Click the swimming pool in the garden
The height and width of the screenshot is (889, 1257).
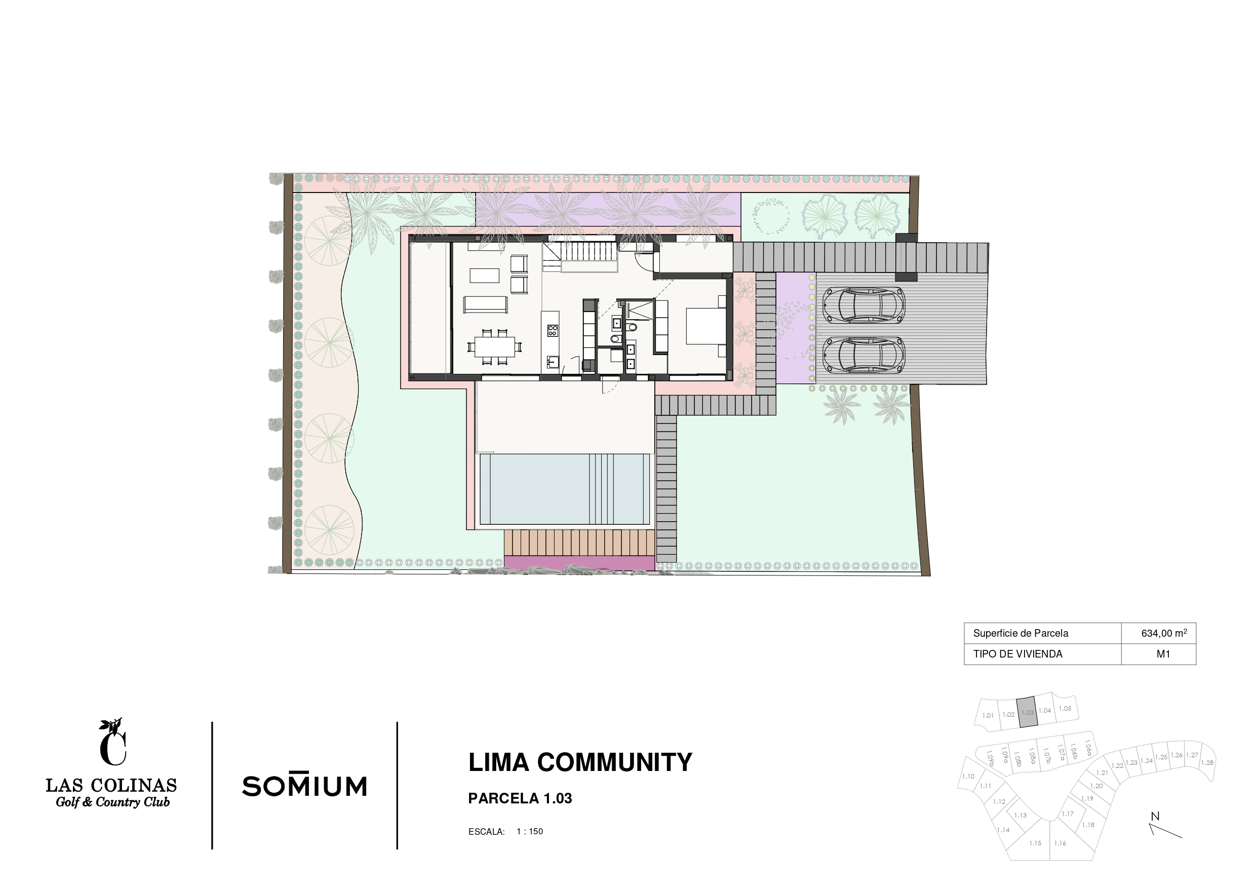pyautogui.click(x=565, y=489)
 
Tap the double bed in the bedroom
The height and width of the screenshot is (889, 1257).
pyautogui.click(x=706, y=325)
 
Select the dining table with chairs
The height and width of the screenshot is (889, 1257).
pyautogui.click(x=494, y=346)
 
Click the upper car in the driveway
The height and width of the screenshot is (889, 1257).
pyautogui.click(x=863, y=305)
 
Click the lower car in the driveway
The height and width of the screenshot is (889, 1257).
pyautogui.click(x=863, y=355)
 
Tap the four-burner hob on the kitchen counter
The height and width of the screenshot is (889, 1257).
pyautogui.click(x=553, y=330)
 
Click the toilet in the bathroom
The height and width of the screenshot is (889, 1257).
pyautogui.click(x=633, y=327)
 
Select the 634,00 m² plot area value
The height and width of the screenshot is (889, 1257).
pyautogui.click(x=1164, y=633)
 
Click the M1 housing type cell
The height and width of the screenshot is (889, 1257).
pyautogui.click(x=1163, y=654)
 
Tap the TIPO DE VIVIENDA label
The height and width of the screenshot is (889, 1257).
pyautogui.click(x=1018, y=654)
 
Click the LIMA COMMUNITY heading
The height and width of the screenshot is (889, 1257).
pyautogui.click(x=580, y=762)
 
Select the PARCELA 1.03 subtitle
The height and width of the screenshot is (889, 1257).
pyautogui.click(x=520, y=799)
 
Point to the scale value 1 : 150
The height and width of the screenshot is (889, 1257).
pyautogui.click(x=529, y=831)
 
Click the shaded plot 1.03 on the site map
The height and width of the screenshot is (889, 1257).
pyautogui.click(x=1027, y=712)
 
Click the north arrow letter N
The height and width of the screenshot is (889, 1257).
pyautogui.click(x=1155, y=817)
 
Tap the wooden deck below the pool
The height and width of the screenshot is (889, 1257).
pyautogui.click(x=579, y=543)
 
